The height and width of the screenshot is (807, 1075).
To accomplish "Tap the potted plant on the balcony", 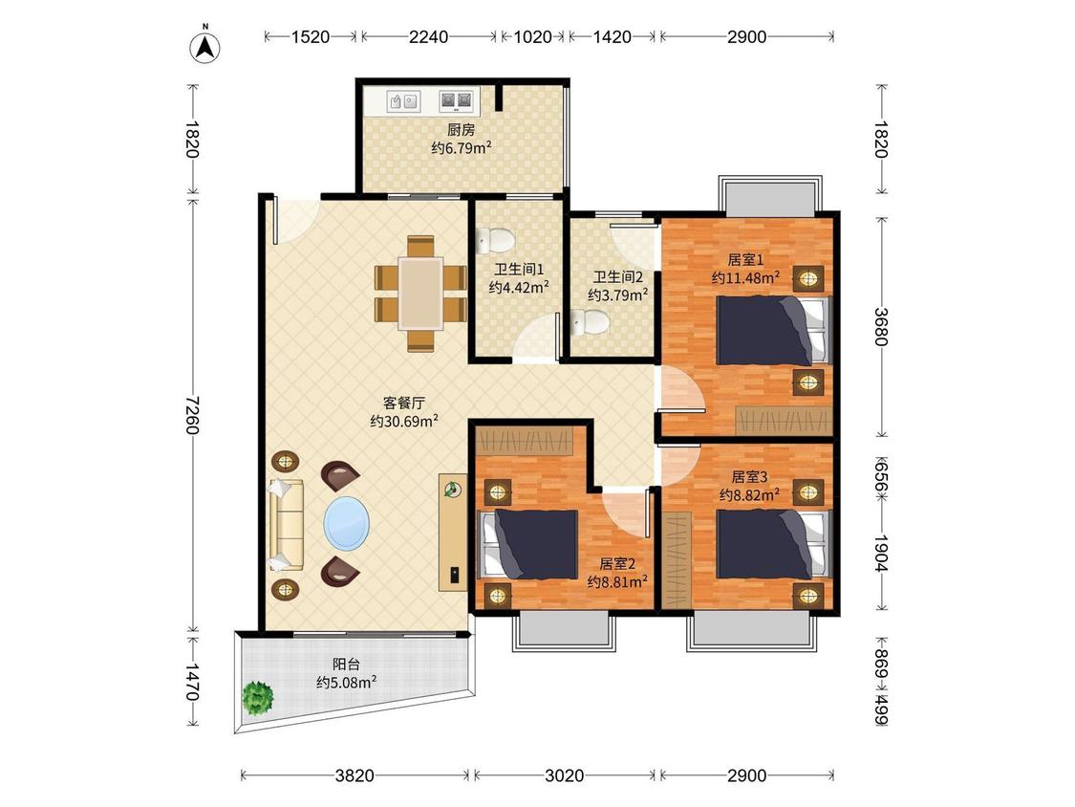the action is [258, 698].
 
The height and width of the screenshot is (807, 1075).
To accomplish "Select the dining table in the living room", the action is [421, 294].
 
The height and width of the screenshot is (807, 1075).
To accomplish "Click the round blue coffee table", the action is [346, 523].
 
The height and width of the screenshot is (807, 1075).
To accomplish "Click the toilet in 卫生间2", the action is [590, 322].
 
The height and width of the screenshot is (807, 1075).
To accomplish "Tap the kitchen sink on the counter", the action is [402, 101].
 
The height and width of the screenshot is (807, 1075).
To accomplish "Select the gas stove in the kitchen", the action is [456, 101].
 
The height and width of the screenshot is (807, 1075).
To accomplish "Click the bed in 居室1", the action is [773, 330].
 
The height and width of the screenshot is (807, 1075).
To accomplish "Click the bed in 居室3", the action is [773, 544].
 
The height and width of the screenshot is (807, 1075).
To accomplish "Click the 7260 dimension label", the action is [192, 414].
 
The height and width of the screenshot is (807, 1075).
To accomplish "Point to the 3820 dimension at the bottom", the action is [355, 776].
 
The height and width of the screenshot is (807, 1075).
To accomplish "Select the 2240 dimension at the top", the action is [428, 37].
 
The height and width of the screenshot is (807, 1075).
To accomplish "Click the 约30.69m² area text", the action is [404, 422].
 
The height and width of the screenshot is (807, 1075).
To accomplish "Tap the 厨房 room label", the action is [461, 130].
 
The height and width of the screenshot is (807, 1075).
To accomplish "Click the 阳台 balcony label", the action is [346, 665].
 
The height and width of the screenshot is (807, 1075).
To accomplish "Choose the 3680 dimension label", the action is [882, 327].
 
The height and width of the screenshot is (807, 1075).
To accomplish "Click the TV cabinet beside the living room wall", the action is [453, 532].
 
